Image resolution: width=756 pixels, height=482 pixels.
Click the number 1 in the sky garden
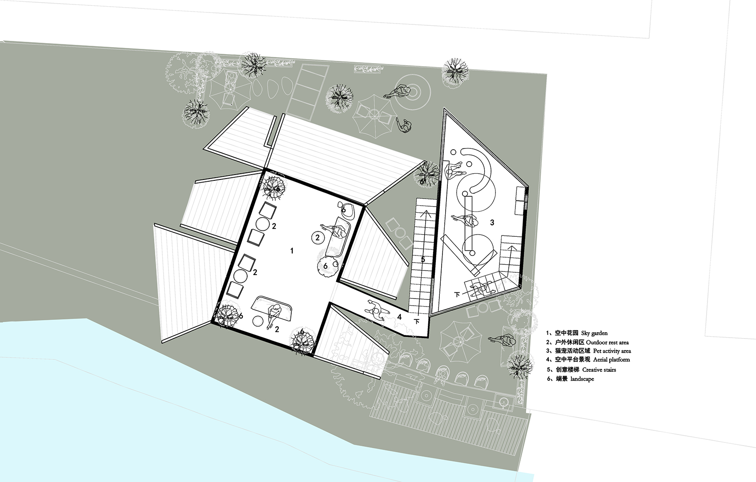coord(292,251)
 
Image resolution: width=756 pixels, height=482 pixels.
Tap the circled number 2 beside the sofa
coord(318,238)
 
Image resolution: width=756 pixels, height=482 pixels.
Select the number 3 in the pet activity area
coord(492,223)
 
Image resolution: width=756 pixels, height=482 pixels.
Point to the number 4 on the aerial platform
coord(399,317)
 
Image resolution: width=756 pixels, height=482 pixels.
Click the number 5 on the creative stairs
coord(423,259)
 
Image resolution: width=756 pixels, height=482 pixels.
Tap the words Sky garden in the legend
coord(594,333)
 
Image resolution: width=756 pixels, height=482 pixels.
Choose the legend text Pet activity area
coord(612,351)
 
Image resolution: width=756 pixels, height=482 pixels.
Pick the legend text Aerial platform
coord(611,360)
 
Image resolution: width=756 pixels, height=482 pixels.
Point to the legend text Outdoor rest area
coord(607,342)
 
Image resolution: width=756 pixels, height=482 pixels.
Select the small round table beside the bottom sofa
coord(258,321)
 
